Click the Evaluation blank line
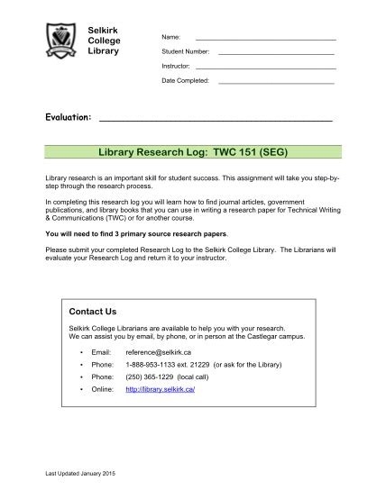point(215,118)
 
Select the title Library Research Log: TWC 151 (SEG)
point(193,152)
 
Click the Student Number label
point(185,52)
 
